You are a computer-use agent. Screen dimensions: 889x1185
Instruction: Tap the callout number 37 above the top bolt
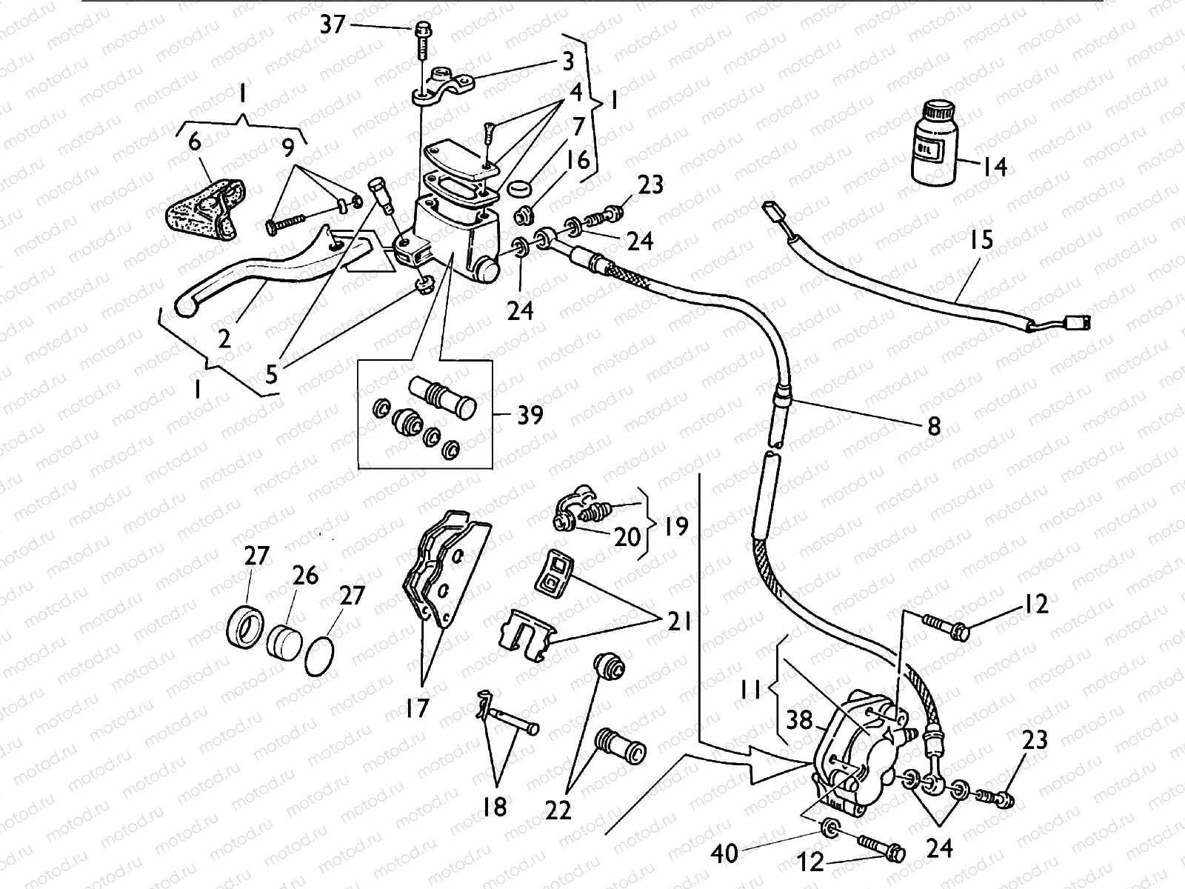click(333, 25)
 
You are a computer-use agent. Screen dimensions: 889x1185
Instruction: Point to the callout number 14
click(994, 167)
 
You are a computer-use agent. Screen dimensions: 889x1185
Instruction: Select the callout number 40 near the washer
click(725, 853)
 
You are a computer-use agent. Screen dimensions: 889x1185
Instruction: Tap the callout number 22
click(558, 810)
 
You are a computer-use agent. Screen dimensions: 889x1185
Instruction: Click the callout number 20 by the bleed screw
click(627, 536)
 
